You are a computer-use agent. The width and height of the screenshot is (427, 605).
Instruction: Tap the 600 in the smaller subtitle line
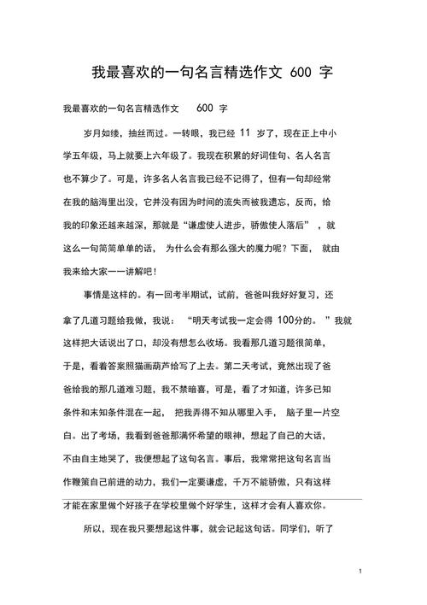(x=205, y=109)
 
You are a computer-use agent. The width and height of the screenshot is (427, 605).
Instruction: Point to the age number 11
(x=246, y=133)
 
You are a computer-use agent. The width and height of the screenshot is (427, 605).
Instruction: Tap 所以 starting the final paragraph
(x=92, y=530)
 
